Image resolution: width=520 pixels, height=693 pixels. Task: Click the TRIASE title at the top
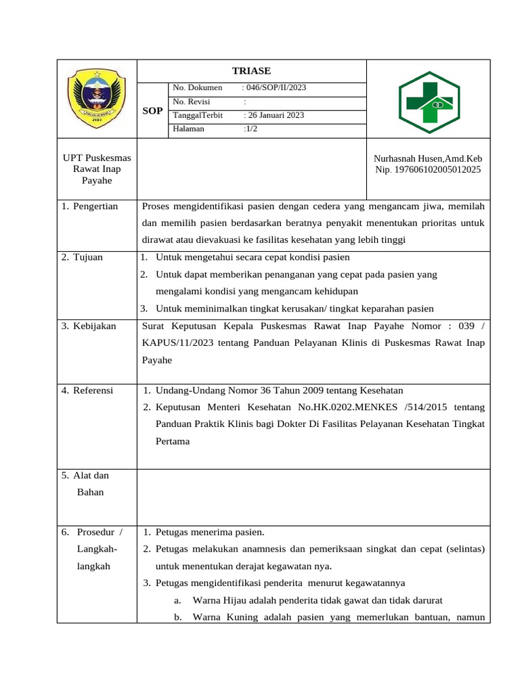pyautogui.click(x=251, y=71)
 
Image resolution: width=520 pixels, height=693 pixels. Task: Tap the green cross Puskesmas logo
pyautogui.click(x=429, y=102)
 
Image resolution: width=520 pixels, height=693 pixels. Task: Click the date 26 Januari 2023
pyautogui.click(x=274, y=115)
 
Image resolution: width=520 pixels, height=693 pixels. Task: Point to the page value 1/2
pyautogui.click(x=251, y=129)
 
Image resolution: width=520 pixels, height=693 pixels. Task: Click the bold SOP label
pyautogui.click(x=152, y=110)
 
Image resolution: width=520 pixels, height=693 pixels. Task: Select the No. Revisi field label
pyautogui.click(x=192, y=102)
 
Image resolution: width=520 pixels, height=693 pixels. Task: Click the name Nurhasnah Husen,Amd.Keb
pyautogui.click(x=428, y=158)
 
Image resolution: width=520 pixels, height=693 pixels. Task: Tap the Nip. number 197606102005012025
pyautogui.click(x=428, y=170)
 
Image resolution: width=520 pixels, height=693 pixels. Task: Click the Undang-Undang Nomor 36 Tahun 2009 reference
pyautogui.click(x=279, y=390)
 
